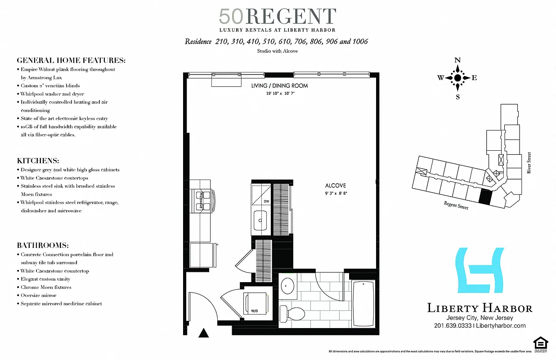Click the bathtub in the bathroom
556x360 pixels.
click(x=364, y=303)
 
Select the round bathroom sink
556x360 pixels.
click(x=287, y=286)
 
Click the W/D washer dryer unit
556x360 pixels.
click(x=255, y=304)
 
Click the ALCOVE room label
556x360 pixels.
click(x=336, y=185)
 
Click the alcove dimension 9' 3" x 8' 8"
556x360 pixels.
click(x=336, y=193)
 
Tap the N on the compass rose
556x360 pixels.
click(x=457, y=60)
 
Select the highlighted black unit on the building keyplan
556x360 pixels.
click(x=485, y=197)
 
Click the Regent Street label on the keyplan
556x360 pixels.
click(x=456, y=205)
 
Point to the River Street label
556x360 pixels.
click(x=529, y=162)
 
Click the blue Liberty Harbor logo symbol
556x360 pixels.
click(x=479, y=270)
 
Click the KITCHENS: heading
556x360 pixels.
click(x=38, y=161)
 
